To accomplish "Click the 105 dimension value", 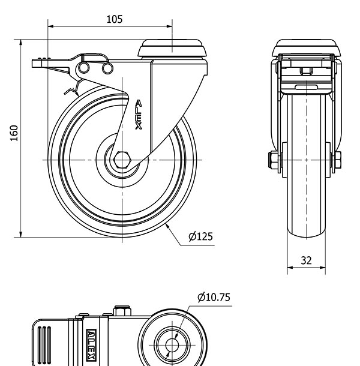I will (x=115, y=19).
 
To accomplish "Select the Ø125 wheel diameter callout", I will (x=200, y=237).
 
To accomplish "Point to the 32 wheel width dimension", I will (x=306, y=260).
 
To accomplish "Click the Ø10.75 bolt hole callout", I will (x=214, y=297).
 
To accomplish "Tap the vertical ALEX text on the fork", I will (x=139, y=115).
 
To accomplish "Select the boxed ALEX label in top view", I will (x=91, y=346).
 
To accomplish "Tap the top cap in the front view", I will (x=306, y=48).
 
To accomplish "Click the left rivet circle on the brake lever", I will (x=86, y=68).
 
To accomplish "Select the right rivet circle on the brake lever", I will (x=107, y=69).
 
